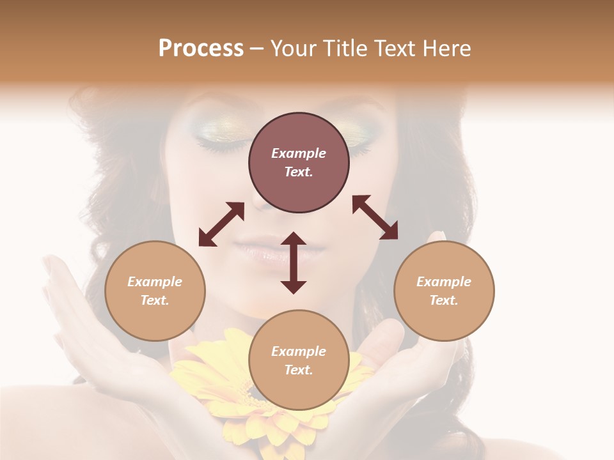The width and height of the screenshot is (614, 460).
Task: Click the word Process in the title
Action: [x=201, y=49]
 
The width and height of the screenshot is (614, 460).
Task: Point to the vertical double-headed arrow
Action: [x=294, y=263]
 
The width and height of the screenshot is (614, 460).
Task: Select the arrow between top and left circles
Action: [x=221, y=224]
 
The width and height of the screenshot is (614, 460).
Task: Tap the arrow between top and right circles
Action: [x=375, y=217]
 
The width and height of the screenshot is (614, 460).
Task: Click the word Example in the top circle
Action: [x=299, y=153]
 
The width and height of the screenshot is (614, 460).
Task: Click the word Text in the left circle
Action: [x=155, y=300]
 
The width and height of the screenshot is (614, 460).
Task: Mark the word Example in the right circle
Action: [x=444, y=282]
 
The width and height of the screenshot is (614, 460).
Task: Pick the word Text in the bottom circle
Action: [x=299, y=370]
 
